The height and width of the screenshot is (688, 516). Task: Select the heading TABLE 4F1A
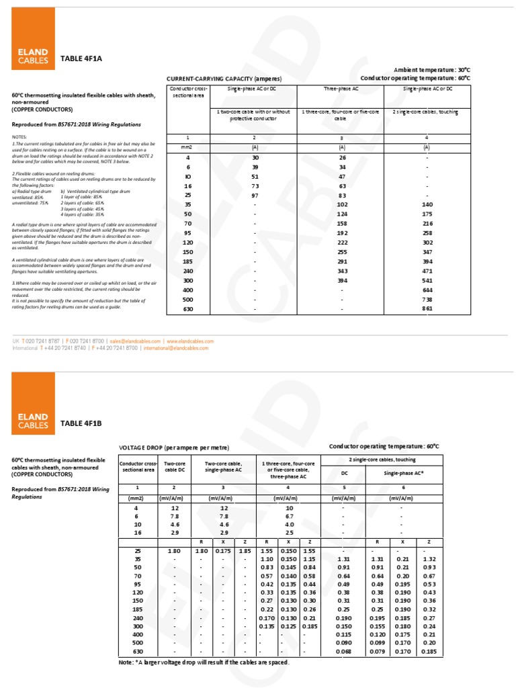(81, 58)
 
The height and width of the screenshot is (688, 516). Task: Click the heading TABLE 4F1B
(81, 423)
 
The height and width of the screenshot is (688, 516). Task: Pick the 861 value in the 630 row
(428, 308)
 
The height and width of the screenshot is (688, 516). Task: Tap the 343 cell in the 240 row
(342, 270)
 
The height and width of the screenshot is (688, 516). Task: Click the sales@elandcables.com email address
(136, 341)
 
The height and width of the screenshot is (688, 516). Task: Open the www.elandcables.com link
(189, 341)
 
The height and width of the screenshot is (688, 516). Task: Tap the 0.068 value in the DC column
(343, 651)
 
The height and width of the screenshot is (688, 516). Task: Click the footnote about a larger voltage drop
(204, 662)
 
